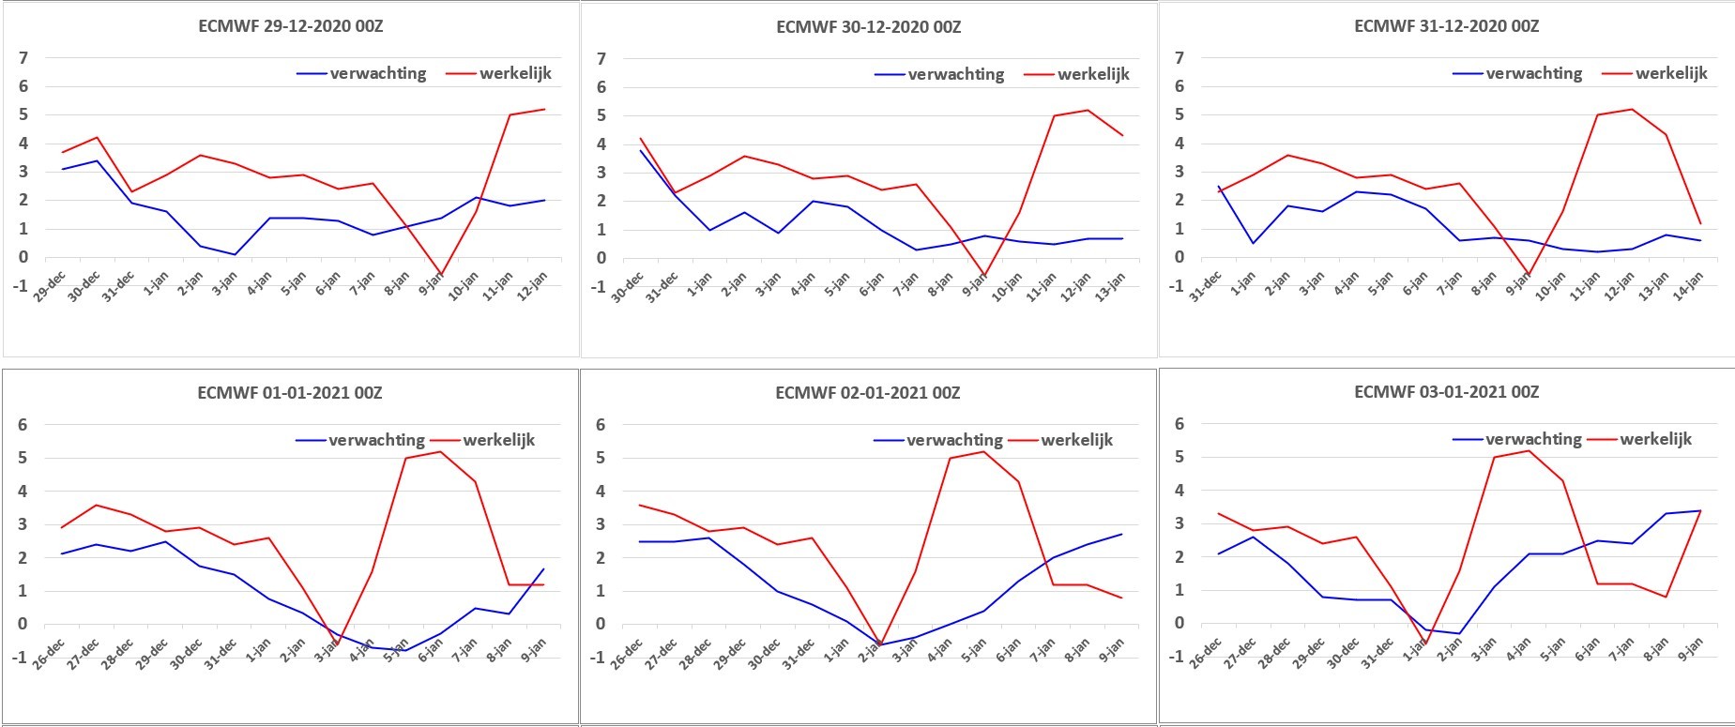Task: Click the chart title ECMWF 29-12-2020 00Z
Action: (x=291, y=26)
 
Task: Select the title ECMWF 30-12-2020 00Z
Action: (x=869, y=27)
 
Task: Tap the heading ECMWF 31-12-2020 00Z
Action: (x=1447, y=26)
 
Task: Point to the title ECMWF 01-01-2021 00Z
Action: (x=290, y=393)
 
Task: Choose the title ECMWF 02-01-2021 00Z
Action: (x=868, y=393)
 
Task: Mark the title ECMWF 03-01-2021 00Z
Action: (x=1447, y=392)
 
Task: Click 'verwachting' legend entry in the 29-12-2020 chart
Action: (x=361, y=73)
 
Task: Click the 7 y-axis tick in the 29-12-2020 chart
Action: (x=23, y=58)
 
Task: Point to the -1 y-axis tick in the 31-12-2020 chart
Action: (x=1176, y=286)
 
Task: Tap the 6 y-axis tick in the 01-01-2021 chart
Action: (x=23, y=425)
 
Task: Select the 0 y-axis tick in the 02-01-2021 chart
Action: (x=601, y=625)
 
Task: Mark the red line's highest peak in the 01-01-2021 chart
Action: (x=440, y=452)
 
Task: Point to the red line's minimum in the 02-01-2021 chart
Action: (x=879, y=644)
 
